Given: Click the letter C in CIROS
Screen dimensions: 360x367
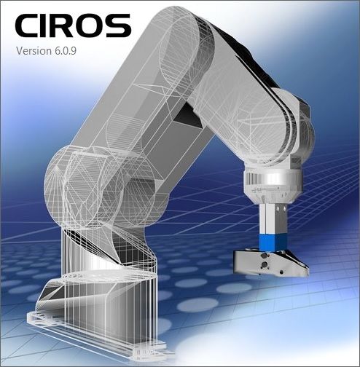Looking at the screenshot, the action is [x=28, y=25].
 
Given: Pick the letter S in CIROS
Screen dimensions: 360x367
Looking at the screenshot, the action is [x=120, y=25].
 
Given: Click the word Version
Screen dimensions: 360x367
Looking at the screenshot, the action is [x=34, y=51].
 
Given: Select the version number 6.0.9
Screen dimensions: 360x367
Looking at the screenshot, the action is [x=66, y=51].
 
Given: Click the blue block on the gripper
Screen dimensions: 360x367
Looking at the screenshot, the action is [x=273, y=242].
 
